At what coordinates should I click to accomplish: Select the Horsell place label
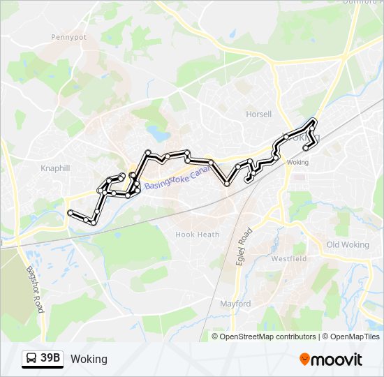(x=258, y=114)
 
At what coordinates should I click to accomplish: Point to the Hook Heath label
(x=197, y=235)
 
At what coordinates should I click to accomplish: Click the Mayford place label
(x=235, y=304)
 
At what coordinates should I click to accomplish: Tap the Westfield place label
(x=288, y=258)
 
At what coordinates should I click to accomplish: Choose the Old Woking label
(x=348, y=244)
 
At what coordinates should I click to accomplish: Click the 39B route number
(x=50, y=359)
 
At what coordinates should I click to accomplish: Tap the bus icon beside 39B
(x=31, y=359)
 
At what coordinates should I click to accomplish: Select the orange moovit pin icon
(x=305, y=360)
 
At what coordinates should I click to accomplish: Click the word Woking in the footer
(x=89, y=359)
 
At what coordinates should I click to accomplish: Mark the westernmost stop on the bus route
(x=69, y=212)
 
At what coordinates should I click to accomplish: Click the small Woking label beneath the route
(x=297, y=162)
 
